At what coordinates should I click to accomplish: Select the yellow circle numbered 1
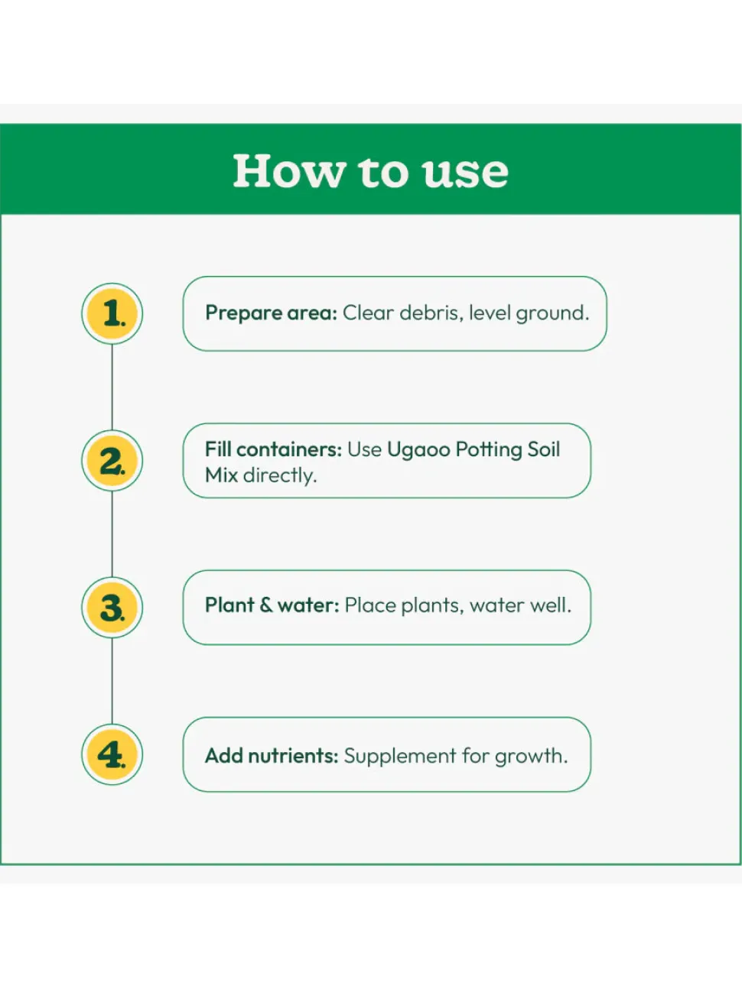[x=112, y=313]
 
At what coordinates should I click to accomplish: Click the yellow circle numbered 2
[x=112, y=460]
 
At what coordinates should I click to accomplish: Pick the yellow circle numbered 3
[x=112, y=608]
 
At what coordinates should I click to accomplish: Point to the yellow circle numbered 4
[x=112, y=754]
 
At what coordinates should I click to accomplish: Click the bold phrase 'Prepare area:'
[x=272, y=313]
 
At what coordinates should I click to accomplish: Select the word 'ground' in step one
[x=552, y=313]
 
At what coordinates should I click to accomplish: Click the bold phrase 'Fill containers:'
[x=273, y=449]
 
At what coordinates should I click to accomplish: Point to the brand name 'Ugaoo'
[x=418, y=450]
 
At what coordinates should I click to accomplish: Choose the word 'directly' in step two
[x=279, y=475]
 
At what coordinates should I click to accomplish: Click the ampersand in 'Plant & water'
[x=266, y=605]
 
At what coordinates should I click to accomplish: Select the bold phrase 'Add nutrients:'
[x=272, y=756]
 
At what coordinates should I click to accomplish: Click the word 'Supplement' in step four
[x=400, y=757]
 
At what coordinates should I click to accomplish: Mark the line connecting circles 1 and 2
[x=112, y=387]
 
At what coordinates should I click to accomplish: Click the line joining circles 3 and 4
[x=112, y=681]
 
